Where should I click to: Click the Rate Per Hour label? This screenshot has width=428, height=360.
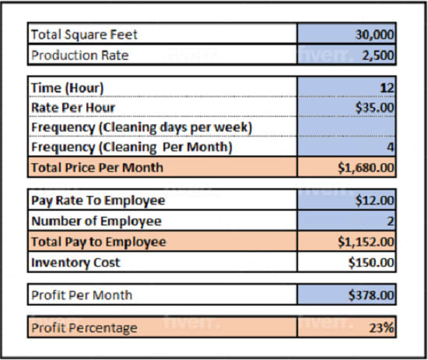[73, 107]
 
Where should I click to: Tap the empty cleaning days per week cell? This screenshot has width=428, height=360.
[346, 127]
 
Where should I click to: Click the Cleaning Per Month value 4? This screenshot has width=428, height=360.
[391, 147]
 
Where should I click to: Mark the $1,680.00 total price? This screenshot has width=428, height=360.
[367, 166]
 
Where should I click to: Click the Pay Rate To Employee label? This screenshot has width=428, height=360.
[98, 201]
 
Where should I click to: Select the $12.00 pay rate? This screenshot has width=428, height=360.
[377, 201]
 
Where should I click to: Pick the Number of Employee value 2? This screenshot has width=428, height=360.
[391, 222]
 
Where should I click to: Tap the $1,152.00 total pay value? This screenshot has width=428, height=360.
[367, 242]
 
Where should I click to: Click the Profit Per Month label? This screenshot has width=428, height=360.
[82, 295]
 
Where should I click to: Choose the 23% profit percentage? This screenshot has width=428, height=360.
[382, 327]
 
